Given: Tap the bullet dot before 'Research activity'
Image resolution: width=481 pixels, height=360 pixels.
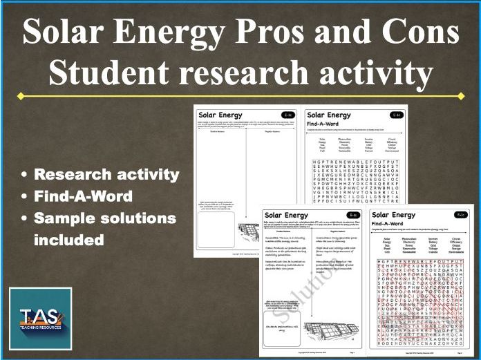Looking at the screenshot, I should [25, 175].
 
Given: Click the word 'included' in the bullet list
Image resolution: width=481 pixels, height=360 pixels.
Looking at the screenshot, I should [69, 240].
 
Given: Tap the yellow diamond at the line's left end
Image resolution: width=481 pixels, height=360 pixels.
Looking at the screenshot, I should [21, 96].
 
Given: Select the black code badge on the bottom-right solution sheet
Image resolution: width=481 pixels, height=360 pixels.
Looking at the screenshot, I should [460, 215].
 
